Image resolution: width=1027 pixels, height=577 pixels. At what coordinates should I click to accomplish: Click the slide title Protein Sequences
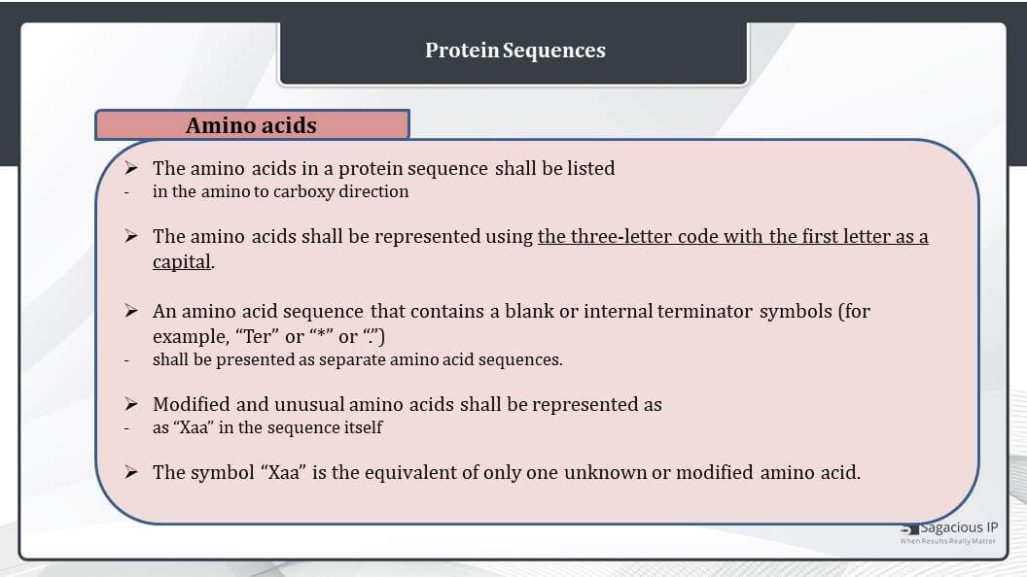tap(514, 51)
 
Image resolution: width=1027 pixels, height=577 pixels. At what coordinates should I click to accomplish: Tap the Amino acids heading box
tap(252, 125)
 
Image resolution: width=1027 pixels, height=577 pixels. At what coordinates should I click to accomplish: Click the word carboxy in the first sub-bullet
tap(303, 192)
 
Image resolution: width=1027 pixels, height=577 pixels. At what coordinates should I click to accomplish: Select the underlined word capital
tap(182, 261)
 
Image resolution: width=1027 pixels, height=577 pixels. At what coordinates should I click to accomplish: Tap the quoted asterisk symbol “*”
tap(322, 335)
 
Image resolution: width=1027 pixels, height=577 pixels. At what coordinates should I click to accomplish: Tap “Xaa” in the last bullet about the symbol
tap(284, 472)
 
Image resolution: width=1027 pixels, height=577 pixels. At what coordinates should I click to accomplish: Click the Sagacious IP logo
tap(948, 532)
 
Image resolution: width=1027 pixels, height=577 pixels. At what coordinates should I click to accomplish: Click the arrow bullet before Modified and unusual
tap(131, 404)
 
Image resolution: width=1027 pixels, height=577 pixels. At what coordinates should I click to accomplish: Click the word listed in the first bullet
tap(590, 168)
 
